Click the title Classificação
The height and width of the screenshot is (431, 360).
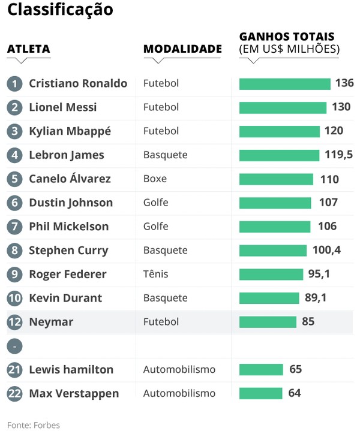point(60,10)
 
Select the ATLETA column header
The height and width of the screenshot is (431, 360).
point(28,49)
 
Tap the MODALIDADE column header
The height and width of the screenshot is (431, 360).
point(182,49)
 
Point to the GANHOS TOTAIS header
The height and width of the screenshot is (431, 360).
point(287,37)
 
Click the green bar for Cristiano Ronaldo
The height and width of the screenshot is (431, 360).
point(284,84)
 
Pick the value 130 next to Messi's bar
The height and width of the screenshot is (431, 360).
point(341,107)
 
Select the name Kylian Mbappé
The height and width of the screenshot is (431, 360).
point(70,131)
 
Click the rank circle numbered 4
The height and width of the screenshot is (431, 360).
point(14,155)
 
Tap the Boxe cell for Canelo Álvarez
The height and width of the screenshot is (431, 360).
point(155,179)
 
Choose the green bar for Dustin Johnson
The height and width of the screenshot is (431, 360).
point(275,203)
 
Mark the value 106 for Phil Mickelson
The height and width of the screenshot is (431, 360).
point(327,227)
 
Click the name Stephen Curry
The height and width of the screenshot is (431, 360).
point(68,251)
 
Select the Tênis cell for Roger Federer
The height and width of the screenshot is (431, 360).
point(155,275)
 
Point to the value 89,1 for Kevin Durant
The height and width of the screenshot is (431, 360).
point(315,298)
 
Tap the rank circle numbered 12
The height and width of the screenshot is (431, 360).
point(14,323)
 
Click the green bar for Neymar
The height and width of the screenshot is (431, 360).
point(268,322)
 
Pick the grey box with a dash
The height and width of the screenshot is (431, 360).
point(14,346)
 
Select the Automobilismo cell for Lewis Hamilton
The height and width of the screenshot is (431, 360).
point(179,370)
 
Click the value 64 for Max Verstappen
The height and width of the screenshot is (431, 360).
point(294,393)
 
